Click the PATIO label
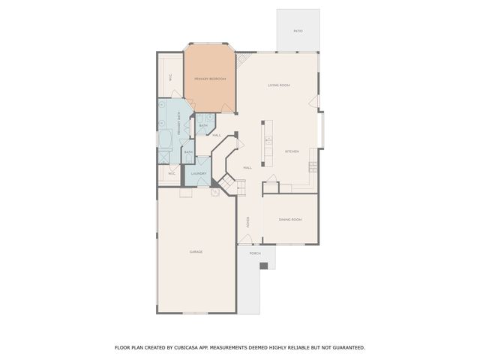pos(298,31)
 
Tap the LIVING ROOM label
pos(279,85)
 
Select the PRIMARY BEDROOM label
pos(209,79)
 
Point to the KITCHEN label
pos(292,151)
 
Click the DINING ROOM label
pos(289,220)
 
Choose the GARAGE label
pos(196,252)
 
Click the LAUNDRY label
pos(199,174)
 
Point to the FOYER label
pos(247,222)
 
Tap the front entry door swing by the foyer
pos(245,239)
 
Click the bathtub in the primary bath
pos(164,140)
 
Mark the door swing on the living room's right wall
pos(319,102)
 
